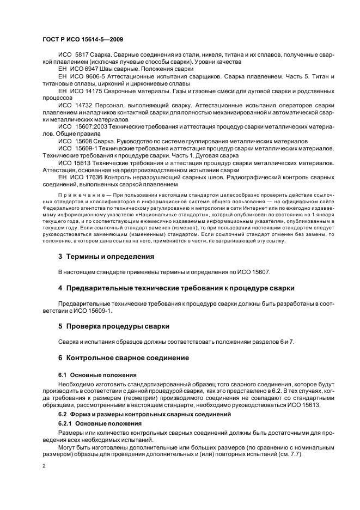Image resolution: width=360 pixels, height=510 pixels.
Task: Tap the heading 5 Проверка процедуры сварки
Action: click(113, 326)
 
